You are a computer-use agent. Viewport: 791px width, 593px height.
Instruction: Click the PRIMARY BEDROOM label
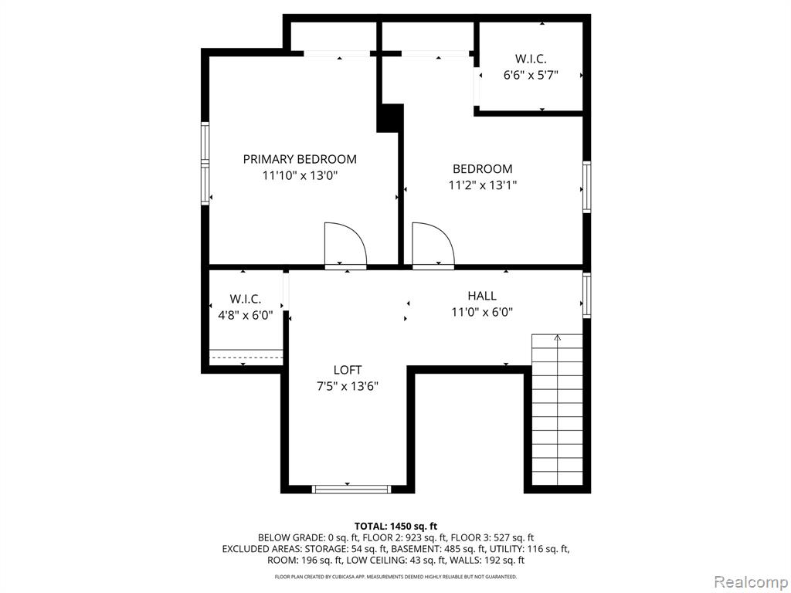[x=300, y=159]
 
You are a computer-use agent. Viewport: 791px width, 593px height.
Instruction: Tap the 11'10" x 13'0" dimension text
[x=300, y=175]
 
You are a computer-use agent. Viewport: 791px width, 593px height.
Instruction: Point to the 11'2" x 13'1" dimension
[x=483, y=185]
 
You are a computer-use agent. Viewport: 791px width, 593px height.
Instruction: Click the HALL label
[x=482, y=296]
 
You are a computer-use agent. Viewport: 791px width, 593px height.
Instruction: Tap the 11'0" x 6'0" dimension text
[x=482, y=312]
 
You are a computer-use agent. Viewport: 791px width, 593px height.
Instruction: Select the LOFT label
[x=348, y=370]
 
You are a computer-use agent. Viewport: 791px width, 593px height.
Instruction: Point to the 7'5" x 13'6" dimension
[x=348, y=386]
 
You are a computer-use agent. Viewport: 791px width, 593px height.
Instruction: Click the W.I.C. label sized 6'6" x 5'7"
[x=531, y=59]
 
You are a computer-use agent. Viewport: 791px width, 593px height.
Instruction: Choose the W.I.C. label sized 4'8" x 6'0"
[x=246, y=299]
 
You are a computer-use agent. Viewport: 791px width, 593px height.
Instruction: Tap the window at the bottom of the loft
[x=351, y=489]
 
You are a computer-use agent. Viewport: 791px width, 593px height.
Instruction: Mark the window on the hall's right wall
[x=587, y=296]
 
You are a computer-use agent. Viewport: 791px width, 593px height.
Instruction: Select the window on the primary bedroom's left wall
[x=205, y=164]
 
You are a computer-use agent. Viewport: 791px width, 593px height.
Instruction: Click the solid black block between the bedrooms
[x=390, y=118]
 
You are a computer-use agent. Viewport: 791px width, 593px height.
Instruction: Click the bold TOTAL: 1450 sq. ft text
[x=395, y=527]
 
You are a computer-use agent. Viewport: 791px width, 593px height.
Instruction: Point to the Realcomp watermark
[x=751, y=582]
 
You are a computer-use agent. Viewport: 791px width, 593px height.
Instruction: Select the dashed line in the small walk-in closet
[x=246, y=357]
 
